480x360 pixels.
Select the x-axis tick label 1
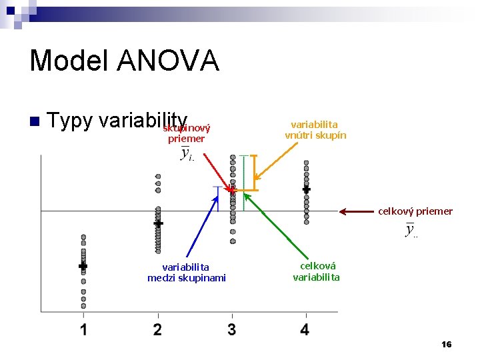point(84,329)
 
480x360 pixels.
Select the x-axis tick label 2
point(157,329)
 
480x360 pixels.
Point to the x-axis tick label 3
point(231,329)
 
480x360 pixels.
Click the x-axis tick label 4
point(305,329)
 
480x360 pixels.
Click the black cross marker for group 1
point(83,266)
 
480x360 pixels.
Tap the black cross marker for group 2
point(158,224)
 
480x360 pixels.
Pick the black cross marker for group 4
point(306,189)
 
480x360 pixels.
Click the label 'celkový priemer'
point(415,211)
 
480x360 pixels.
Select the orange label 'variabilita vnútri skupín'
point(315,130)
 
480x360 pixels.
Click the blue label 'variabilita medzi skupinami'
point(186,273)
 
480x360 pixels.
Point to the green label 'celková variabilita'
point(316,271)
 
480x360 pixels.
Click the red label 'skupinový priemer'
point(187,133)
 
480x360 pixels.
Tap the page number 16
point(446,344)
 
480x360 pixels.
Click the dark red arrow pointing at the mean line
point(357,211)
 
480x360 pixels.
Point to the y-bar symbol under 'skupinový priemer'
point(187,155)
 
